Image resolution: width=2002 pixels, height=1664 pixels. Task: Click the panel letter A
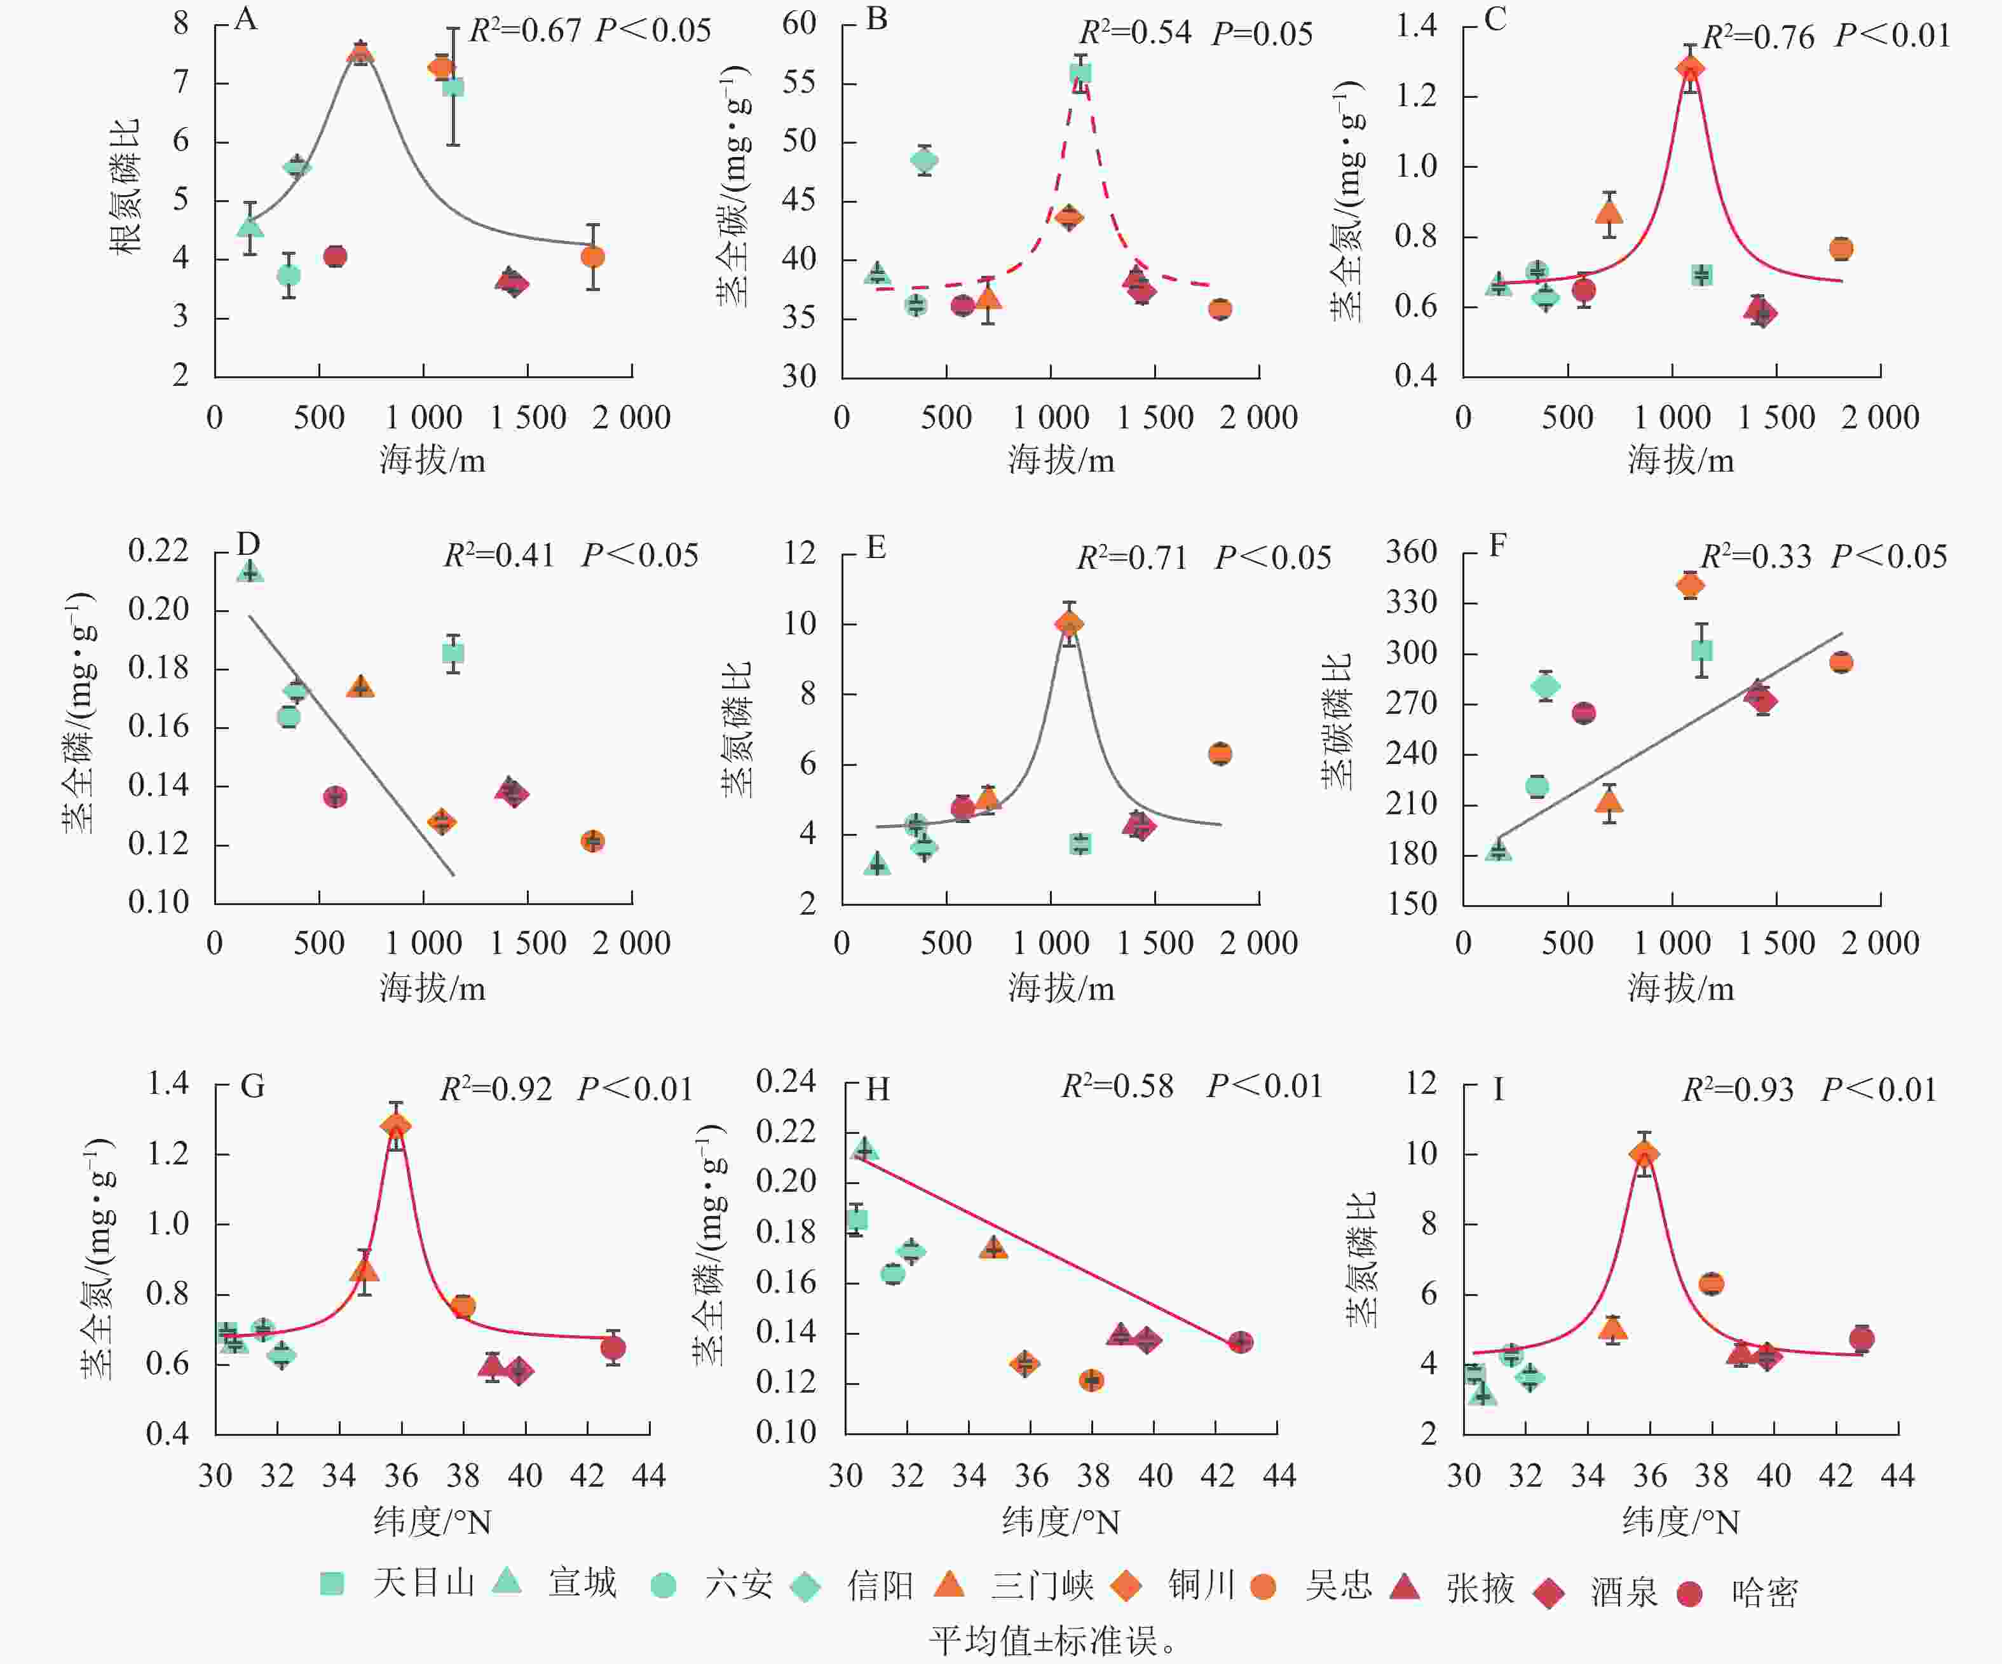point(245,19)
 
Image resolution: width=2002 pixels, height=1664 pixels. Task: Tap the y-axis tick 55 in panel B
point(799,83)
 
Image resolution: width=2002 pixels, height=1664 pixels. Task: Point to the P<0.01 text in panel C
point(1893,36)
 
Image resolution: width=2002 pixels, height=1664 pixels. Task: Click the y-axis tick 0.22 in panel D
point(158,550)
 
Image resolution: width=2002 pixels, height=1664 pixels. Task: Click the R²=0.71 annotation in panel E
point(1131,558)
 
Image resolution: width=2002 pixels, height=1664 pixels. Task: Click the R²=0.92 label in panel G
point(496,1089)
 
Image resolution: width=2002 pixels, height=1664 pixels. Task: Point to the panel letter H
point(877,1089)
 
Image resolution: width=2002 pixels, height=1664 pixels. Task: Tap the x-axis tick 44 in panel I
point(1897,1476)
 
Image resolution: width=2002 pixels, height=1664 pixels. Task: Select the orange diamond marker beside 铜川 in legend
point(1126,1586)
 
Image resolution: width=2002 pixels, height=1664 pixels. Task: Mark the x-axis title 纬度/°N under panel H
point(1060,1522)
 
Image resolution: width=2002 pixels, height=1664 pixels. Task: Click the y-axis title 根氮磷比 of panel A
point(125,186)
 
